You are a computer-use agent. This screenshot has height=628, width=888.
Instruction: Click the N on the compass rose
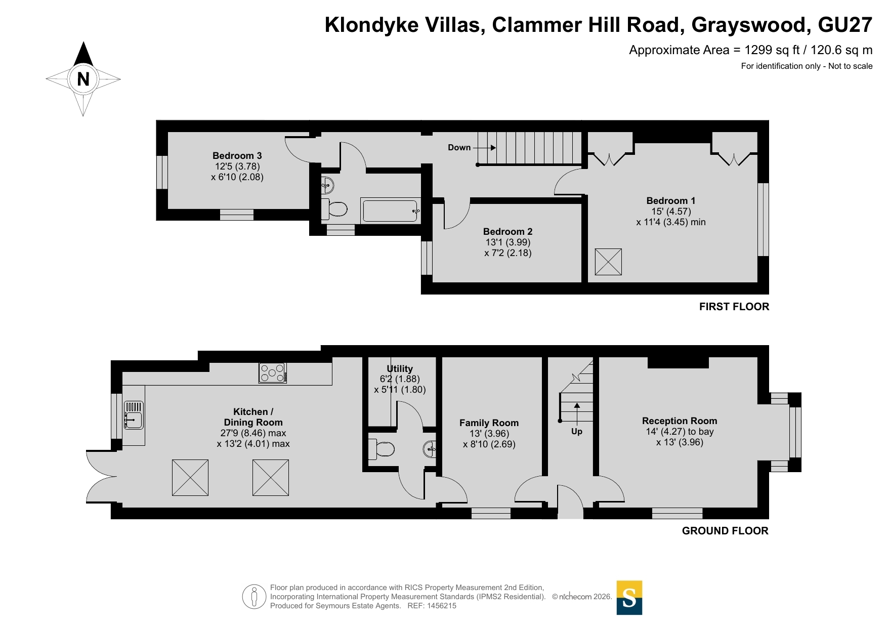point(83,79)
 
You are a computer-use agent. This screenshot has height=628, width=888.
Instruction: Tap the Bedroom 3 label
point(237,155)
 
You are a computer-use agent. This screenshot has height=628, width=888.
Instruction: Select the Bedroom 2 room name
point(508,231)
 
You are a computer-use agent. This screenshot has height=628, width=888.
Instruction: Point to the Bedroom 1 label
point(671,200)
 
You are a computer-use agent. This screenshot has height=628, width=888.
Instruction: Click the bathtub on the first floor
point(390,211)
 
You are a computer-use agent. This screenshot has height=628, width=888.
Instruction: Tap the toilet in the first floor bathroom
point(334,208)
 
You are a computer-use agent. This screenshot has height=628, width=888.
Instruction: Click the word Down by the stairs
point(459,147)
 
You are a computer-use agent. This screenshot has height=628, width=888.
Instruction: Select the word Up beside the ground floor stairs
point(577,431)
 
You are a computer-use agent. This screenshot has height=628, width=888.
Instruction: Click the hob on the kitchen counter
point(273,373)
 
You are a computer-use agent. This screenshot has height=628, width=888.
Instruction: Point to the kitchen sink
point(134,415)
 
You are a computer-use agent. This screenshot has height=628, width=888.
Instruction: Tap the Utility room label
point(400,368)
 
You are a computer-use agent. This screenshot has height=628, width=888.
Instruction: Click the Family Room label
point(489,423)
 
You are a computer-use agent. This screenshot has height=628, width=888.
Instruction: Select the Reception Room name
point(680,421)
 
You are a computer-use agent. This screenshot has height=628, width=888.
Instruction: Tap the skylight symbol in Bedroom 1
point(608,262)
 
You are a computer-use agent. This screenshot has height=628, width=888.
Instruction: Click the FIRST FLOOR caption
point(734,306)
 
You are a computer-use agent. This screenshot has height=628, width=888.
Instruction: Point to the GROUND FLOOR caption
point(725,530)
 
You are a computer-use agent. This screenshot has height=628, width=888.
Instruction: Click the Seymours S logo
point(629,598)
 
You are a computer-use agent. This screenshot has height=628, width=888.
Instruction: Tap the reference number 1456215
point(442,606)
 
